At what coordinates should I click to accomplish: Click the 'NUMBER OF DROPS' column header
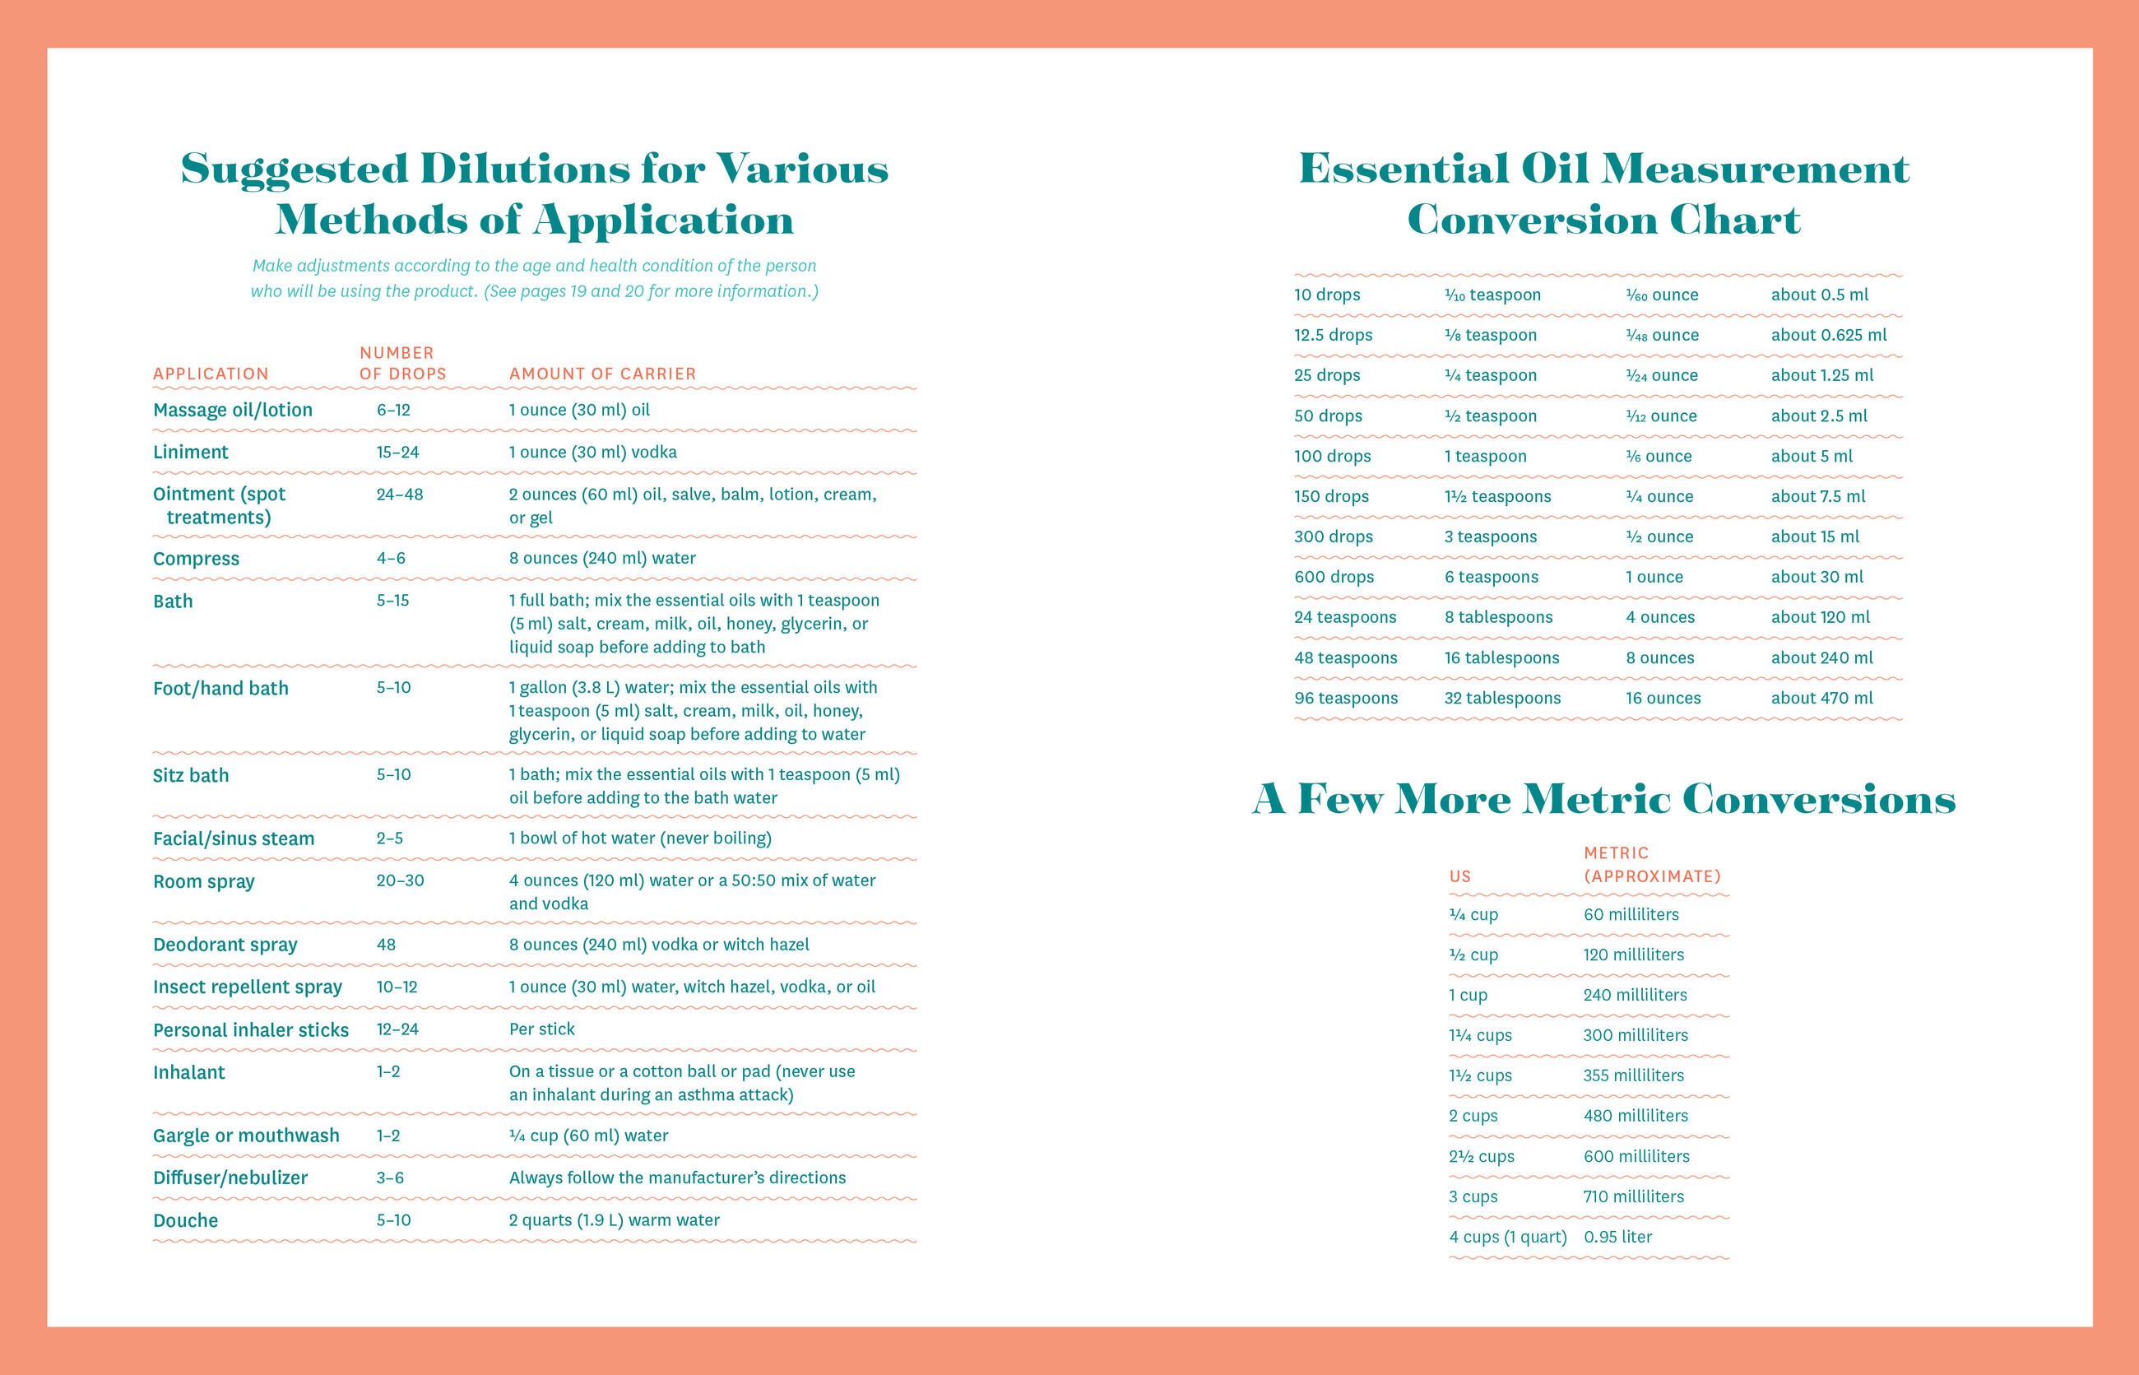(402, 364)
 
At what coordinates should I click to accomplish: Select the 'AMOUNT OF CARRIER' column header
(602, 374)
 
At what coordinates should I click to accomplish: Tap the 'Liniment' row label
(190, 453)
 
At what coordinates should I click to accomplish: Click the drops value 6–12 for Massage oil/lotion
(392, 411)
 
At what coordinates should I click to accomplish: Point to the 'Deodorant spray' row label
(225, 945)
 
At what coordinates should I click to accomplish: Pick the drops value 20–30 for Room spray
(400, 880)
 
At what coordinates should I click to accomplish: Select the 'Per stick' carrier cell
(542, 1029)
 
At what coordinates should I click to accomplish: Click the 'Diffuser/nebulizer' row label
(230, 1178)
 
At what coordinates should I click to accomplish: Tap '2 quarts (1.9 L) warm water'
(615, 1220)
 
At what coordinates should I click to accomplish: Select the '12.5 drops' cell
(1333, 336)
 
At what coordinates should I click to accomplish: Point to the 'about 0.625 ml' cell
(1828, 336)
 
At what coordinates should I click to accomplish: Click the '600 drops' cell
(1334, 578)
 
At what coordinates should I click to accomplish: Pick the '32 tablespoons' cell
(1502, 699)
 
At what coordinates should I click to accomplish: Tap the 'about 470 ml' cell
(1822, 699)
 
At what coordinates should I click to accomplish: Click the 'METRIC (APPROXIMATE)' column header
(1652, 865)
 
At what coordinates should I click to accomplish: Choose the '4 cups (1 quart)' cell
(1508, 1238)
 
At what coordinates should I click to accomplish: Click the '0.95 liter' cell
(1617, 1238)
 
